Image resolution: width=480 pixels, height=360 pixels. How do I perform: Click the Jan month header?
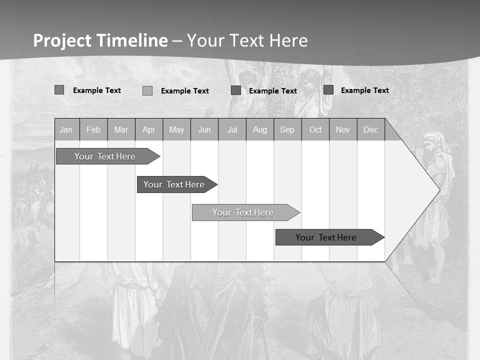[x=66, y=130]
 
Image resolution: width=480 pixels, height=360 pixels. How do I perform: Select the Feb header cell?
[x=93, y=130]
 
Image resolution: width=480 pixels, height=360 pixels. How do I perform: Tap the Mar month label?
[x=121, y=130]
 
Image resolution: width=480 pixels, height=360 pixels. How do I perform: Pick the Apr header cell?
[x=149, y=130]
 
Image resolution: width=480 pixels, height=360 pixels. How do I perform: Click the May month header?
[x=176, y=130]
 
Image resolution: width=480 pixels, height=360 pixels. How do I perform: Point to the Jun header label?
[x=204, y=130]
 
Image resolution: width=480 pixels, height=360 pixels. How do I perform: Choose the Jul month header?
[x=232, y=130]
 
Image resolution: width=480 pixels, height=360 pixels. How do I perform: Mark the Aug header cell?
[x=260, y=130]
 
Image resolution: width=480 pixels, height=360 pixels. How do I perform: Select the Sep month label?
[x=287, y=130]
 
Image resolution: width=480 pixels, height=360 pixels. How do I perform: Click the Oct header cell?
[x=315, y=130]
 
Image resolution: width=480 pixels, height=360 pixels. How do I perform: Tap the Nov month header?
[x=343, y=130]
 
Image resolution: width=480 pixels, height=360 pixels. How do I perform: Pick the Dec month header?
[x=371, y=130]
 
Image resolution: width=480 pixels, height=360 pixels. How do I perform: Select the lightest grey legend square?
[x=147, y=91]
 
